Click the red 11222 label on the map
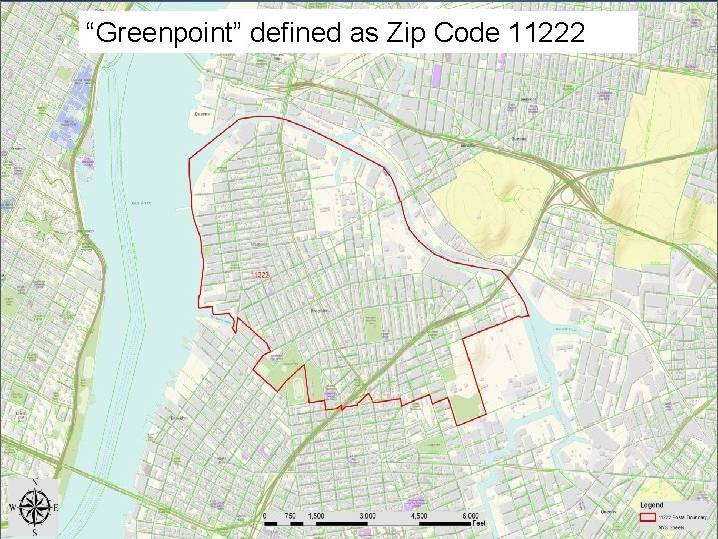coord(261,274)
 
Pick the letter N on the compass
coord(35,483)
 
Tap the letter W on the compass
coord(12,508)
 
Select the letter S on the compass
coord(35,533)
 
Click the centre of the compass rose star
coord(35,508)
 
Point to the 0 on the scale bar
coord(264,516)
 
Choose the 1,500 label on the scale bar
coord(315,516)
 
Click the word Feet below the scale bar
coord(479,523)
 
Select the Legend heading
coord(653,505)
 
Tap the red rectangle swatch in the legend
coord(647,517)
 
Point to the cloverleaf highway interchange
coord(576,189)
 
